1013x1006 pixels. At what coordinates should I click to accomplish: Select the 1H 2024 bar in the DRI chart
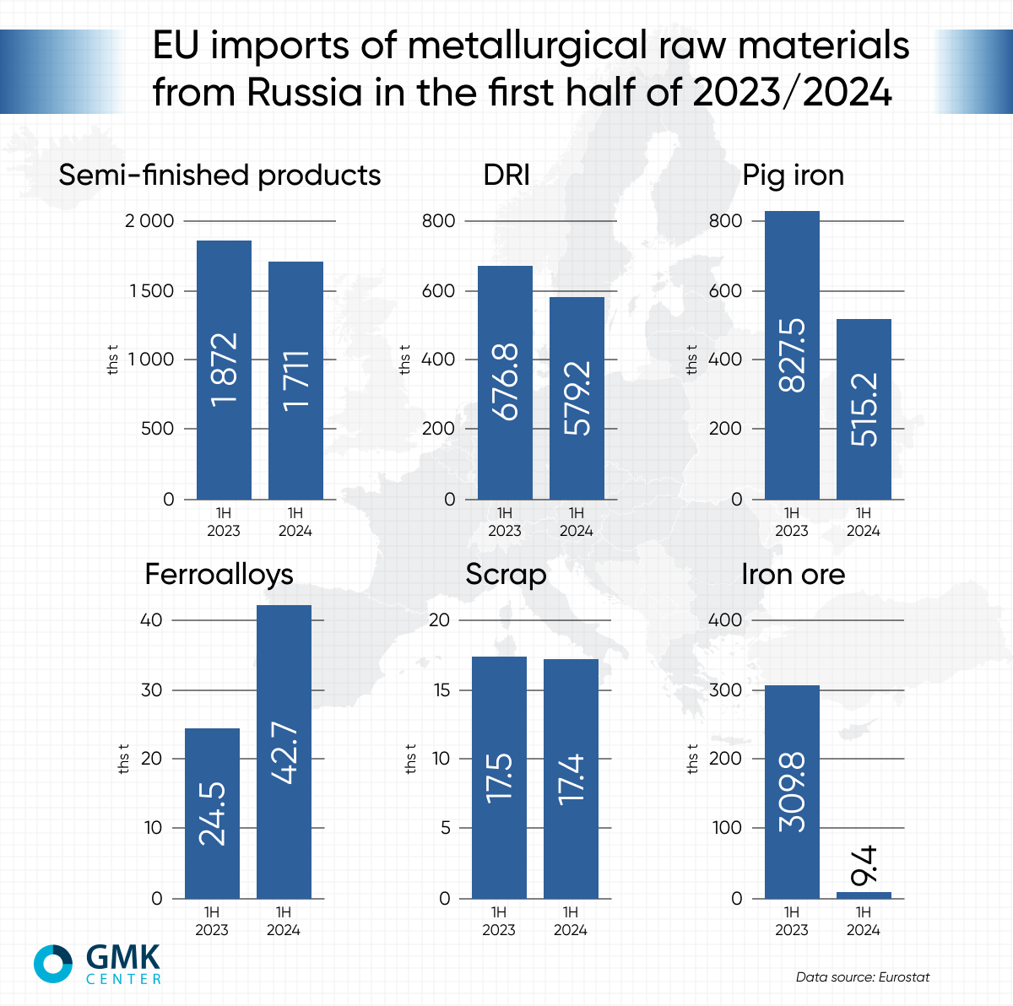(577, 398)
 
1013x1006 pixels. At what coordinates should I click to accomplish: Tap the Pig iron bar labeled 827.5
(792, 354)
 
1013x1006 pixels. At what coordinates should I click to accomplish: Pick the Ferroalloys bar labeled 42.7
(284, 751)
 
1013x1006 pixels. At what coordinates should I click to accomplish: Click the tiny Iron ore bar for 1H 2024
(864, 895)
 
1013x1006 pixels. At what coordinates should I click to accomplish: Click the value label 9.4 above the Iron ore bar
(864, 866)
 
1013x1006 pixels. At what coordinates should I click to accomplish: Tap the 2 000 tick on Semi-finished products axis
(149, 221)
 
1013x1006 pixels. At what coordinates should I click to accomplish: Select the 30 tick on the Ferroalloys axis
(151, 690)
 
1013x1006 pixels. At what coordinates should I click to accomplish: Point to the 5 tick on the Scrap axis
(445, 828)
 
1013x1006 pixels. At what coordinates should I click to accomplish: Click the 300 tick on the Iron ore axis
(726, 690)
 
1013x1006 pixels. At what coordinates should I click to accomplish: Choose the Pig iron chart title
(793, 175)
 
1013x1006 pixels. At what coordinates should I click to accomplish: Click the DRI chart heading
(506, 175)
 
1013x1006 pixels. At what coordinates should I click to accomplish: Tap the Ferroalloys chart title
(219, 574)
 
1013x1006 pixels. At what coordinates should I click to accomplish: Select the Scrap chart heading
(506, 574)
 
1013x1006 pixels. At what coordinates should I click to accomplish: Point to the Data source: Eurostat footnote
(862, 977)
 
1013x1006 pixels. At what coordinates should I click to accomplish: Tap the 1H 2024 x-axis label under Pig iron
(863, 522)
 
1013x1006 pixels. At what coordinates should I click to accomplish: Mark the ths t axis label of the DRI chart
(405, 360)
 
